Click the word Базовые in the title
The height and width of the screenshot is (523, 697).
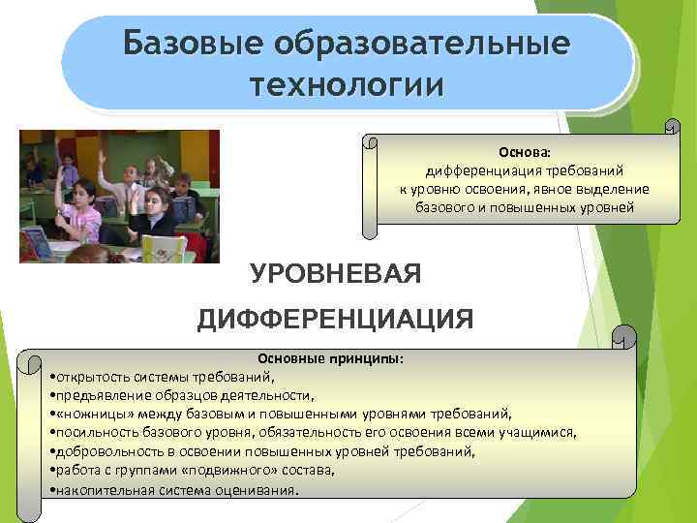pos(191,45)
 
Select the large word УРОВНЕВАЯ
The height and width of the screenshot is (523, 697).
pos(336,275)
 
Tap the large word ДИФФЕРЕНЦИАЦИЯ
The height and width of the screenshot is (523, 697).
pos(335,320)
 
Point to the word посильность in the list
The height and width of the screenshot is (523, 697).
pos(94,432)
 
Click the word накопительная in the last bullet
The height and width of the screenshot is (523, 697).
pos(100,489)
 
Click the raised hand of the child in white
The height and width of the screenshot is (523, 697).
pos(103,156)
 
